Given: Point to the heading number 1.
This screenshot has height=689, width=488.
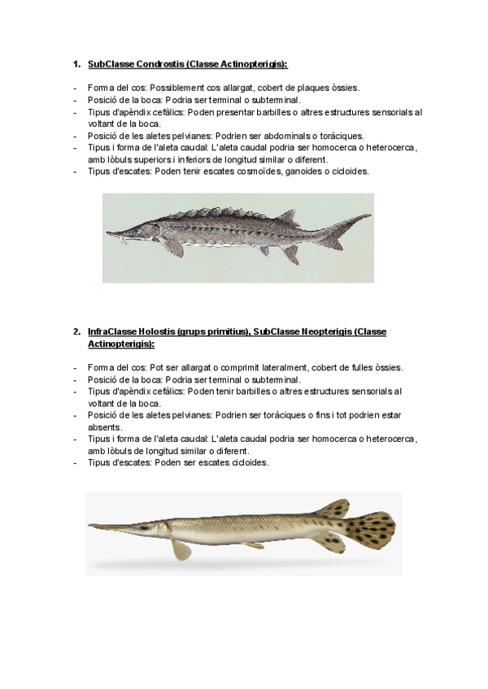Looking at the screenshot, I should click(x=76, y=63).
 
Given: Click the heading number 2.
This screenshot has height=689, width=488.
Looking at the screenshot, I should click(x=76, y=331).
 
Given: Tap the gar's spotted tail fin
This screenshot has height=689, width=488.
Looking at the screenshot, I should click(x=370, y=528).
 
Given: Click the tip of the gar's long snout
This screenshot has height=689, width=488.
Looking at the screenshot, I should click(x=92, y=526).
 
